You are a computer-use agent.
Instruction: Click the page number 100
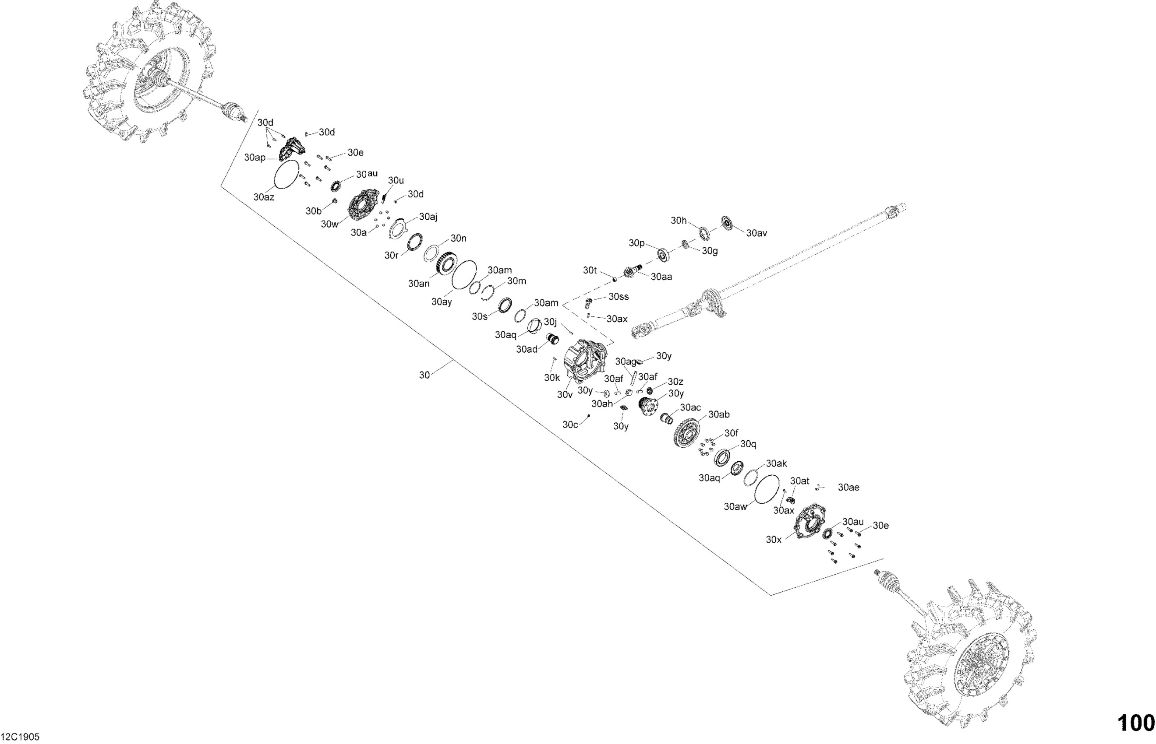coord(1136,723)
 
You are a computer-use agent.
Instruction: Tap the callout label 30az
coord(264,197)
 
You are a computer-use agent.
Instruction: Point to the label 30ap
coord(255,158)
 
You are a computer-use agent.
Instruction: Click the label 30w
coord(330,224)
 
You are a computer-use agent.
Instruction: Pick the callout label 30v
coord(564,395)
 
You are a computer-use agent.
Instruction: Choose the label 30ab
coord(719,414)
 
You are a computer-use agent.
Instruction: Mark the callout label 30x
coord(774,540)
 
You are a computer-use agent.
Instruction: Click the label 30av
coord(757,233)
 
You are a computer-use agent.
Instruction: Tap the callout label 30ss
coord(619,297)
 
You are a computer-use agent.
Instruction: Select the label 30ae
coord(848,488)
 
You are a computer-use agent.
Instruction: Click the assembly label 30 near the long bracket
coord(424,375)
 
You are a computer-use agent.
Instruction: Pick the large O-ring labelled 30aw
coord(767,489)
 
